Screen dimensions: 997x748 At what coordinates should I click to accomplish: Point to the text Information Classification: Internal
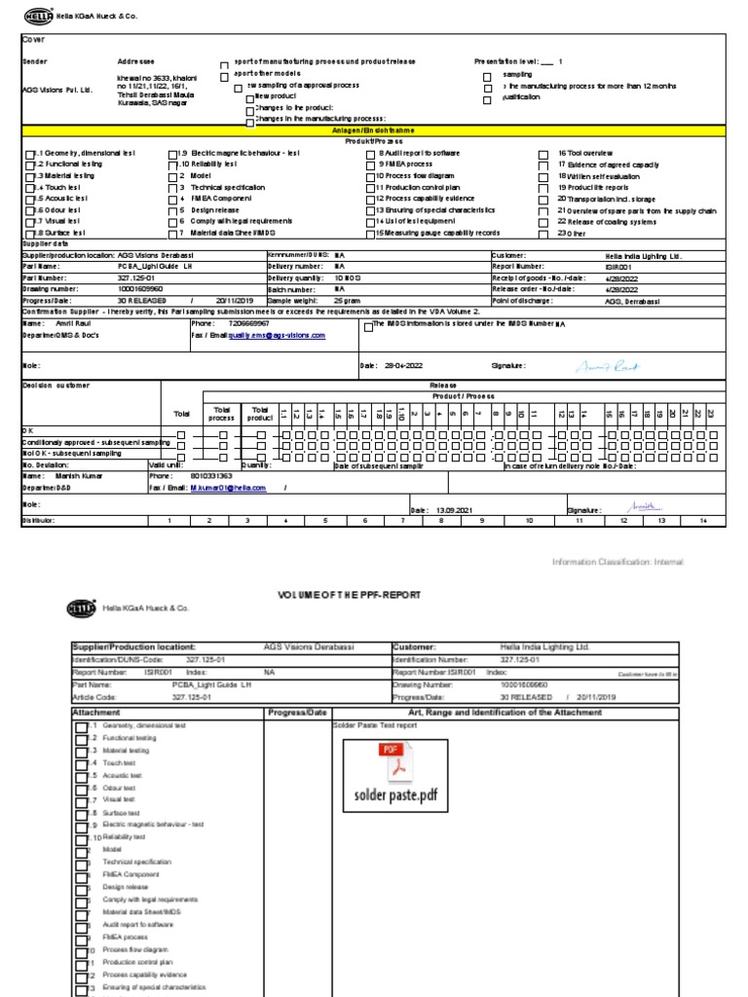[617, 562]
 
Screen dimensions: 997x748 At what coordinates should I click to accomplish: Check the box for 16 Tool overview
[543, 154]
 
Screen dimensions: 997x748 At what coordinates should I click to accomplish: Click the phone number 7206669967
[249, 322]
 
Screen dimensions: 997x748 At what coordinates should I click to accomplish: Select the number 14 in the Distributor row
[700, 521]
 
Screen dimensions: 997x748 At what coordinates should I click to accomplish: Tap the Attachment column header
[96, 712]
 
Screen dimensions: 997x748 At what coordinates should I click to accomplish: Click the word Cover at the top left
[33, 40]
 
